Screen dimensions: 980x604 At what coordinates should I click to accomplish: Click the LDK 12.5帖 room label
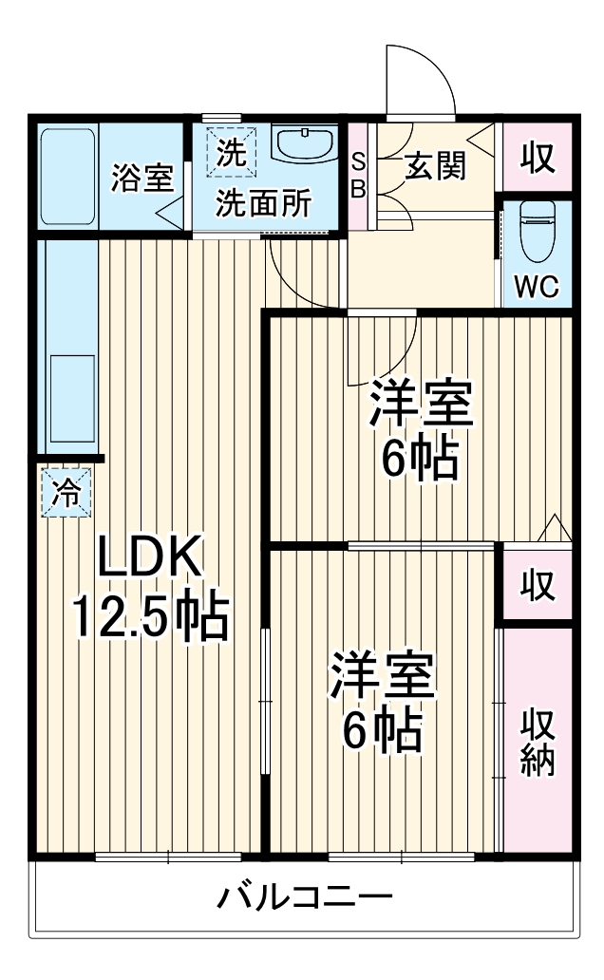[x=151, y=589]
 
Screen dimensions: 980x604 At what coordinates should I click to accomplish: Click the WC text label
[x=538, y=288]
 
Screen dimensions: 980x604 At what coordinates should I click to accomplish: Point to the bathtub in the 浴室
[x=67, y=175]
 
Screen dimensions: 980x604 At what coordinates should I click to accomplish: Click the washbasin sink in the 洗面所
[x=304, y=144]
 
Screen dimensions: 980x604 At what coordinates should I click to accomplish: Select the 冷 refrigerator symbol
[x=66, y=492]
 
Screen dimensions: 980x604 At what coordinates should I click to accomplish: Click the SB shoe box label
[x=358, y=175]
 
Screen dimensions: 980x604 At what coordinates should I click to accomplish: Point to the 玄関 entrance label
[x=435, y=167]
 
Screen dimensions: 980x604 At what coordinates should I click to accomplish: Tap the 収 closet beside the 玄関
[x=538, y=158]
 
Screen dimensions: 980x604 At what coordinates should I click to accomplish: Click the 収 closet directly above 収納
[x=538, y=586]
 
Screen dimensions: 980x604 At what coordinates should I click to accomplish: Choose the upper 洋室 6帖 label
[x=421, y=430]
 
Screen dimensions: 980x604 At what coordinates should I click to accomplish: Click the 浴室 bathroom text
[x=142, y=178]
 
